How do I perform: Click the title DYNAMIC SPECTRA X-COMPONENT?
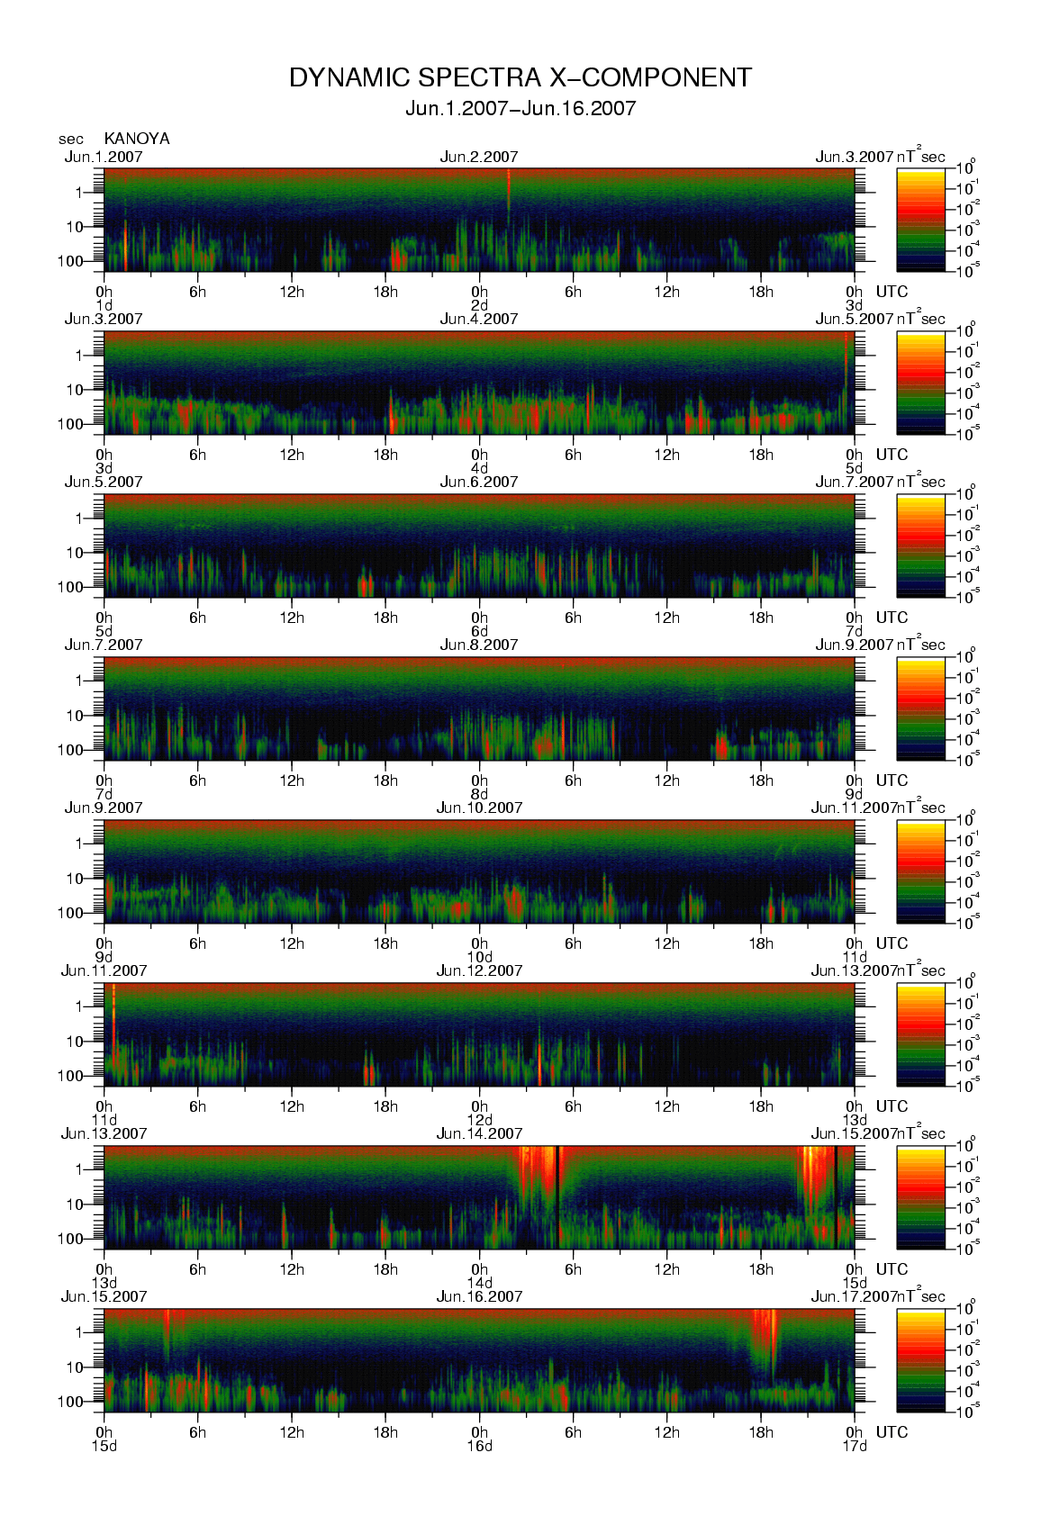point(520,78)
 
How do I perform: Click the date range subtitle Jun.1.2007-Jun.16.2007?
point(520,109)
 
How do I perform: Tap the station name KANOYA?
point(137,139)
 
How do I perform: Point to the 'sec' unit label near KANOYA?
point(71,140)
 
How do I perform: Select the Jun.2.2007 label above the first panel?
point(479,157)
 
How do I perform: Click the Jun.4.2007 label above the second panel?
point(479,320)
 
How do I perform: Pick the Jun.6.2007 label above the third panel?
point(479,483)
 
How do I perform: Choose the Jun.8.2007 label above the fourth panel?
point(479,645)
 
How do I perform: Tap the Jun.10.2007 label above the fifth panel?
point(479,808)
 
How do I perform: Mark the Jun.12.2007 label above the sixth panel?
point(479,971)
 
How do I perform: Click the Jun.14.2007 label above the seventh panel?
point(479,1134)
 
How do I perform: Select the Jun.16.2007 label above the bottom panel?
point(479,1297)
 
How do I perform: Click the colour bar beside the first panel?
point(920,220)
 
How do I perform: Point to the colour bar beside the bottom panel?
point(920,1360)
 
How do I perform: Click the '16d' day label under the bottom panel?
point(479,1447)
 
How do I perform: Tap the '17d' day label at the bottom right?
point(854,1447)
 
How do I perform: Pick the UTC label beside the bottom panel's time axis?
point(892,1432)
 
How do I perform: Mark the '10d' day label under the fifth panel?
point(479,957)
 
